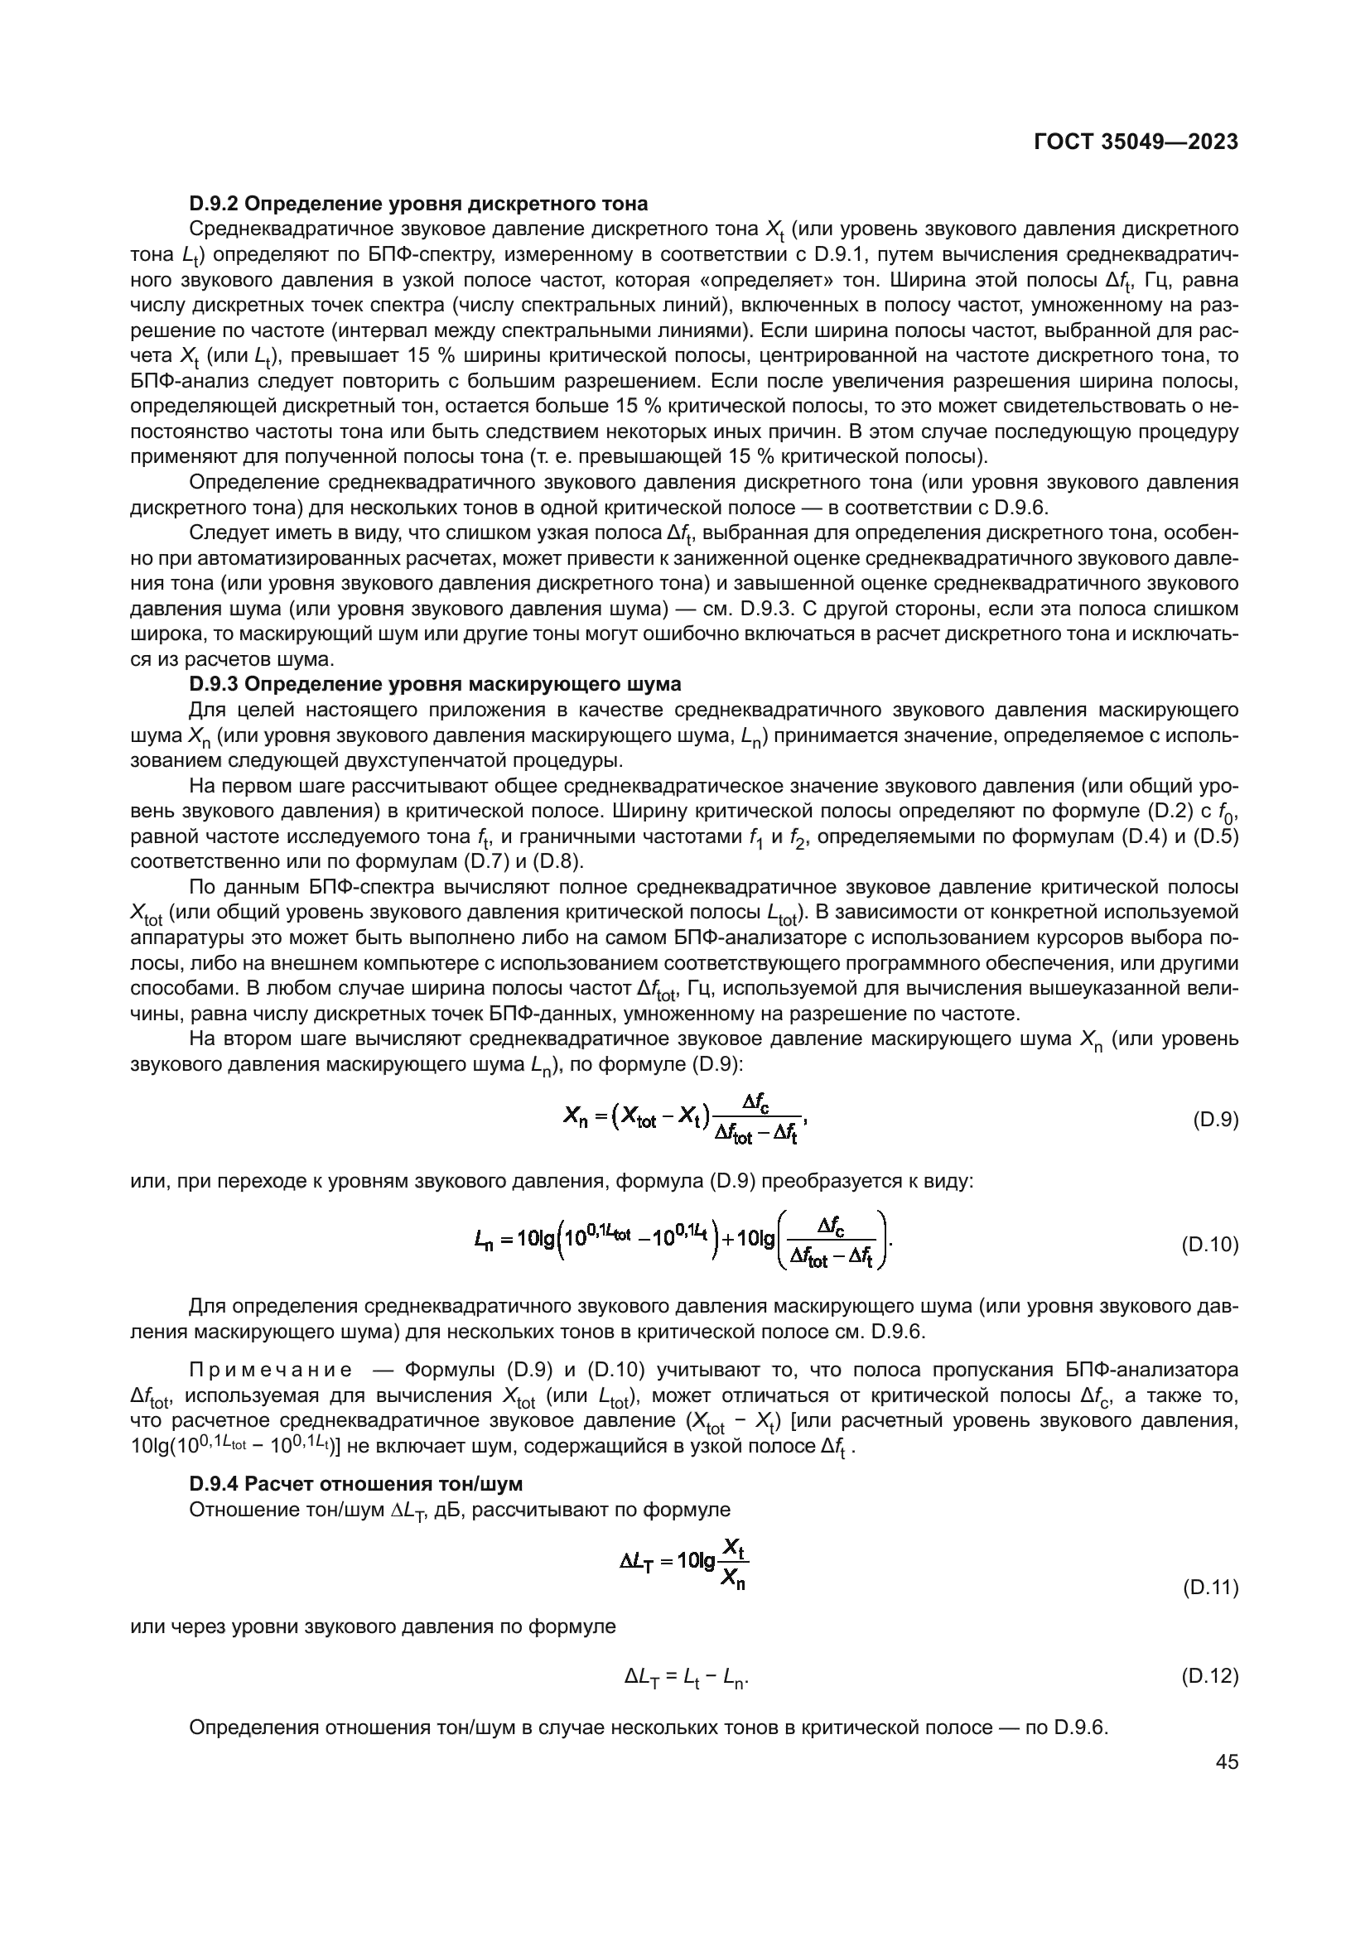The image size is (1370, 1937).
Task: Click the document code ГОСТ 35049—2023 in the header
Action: (x=1136, y=142)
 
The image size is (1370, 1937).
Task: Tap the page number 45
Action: (x=1227, y=1761)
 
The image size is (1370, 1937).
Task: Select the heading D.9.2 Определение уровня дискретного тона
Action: (x=418, y=204)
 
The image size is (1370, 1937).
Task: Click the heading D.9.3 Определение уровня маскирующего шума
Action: (x=435, y=683)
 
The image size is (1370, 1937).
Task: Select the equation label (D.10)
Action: (x=1208, y=1245)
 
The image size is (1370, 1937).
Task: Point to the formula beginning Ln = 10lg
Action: (x=683, y=1241)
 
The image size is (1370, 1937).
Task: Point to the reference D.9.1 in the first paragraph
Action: (x=840, y=254)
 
